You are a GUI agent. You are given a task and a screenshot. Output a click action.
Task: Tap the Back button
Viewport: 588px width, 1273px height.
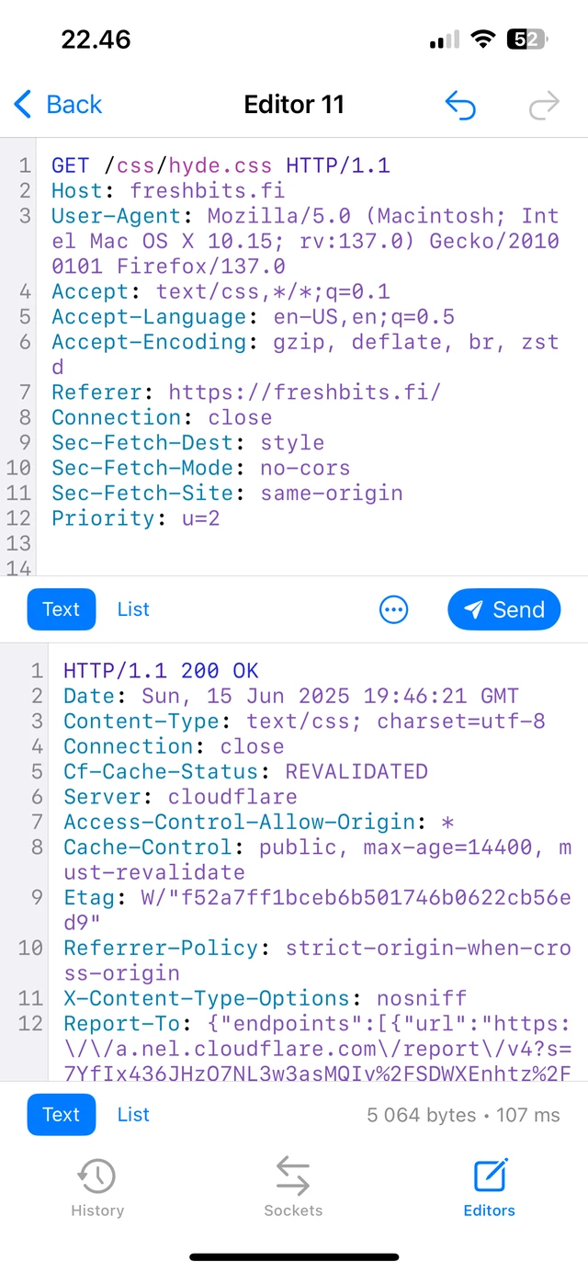(58, 105)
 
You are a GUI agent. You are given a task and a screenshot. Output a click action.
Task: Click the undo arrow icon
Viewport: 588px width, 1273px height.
(460, 105)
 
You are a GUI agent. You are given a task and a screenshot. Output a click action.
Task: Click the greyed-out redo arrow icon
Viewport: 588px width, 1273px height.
(544, 105)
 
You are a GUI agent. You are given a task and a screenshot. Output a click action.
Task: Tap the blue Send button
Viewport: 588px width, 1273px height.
(503, 609)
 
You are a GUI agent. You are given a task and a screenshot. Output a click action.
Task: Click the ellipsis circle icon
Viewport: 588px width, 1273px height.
(394, 609)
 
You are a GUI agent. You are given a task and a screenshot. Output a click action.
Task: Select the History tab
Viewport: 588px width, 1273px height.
(97, 1188)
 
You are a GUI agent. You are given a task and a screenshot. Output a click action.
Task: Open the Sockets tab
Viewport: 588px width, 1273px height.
(293, 1188)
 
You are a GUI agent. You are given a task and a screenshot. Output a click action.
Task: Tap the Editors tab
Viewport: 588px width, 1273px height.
(489, 1188)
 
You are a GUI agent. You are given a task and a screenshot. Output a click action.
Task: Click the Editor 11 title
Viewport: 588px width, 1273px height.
(294, 105)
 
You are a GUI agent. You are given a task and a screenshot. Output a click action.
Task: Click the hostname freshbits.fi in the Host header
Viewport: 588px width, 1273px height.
(207, 191)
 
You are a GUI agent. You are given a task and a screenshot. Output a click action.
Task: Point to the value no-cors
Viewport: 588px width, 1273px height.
(305, 468)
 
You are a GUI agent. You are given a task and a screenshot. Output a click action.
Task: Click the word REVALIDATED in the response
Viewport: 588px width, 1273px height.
(356, 771)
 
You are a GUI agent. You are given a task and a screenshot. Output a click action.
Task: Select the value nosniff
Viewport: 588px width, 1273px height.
(422, 998)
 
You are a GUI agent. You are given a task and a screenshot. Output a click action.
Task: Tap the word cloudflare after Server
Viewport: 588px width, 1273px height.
(232, 797)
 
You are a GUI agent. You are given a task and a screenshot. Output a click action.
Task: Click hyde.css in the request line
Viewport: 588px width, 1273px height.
(220, 166)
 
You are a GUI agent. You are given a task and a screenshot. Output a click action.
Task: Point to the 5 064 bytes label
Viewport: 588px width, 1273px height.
(422, 1115)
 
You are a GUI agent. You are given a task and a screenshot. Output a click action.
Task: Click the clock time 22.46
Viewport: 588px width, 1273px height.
(96, 40)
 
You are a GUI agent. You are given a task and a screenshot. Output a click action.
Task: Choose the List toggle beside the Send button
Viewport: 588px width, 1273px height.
(133, 609)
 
